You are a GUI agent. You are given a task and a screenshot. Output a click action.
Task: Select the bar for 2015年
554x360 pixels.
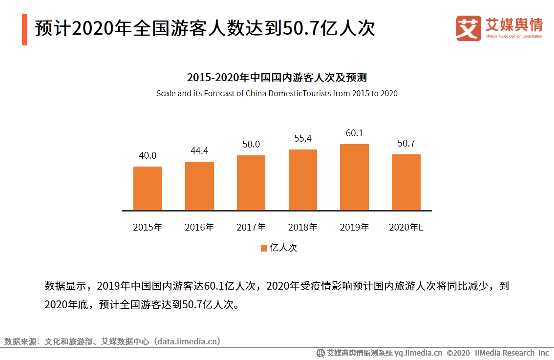pyautogui.click(x=148, y=188)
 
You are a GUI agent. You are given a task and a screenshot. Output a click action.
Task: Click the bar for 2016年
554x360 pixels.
pyautogui.click(x=199, y=186)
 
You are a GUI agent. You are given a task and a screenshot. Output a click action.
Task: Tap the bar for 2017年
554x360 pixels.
pyautogui.click(x=251, y=183)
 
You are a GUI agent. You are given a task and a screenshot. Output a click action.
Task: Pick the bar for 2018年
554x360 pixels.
pyautogui.click(x=303, y=180)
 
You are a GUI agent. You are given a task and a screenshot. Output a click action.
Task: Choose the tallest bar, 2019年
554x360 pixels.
pyautogui.click(x=354, y=177)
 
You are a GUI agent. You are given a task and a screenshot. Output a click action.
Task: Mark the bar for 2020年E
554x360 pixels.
pyautogui.click(x=406, y=182)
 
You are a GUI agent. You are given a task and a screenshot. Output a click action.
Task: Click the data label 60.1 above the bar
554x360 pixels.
pyautogui.click(x=355, y=133)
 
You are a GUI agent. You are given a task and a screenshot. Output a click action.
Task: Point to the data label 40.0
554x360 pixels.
pyautogui.click(x=148, y=156)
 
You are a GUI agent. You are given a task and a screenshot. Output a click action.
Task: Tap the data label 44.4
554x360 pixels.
pyautogui.click(x=199, y=151)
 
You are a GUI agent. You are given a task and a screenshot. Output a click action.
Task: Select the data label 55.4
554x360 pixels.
pyautogui.click(x=303, y=139)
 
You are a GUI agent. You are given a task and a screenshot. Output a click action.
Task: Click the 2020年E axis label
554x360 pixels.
pyautogui.click(x=406, y=227)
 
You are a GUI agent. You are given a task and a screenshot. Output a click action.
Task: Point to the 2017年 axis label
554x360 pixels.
pyautogui.click(x=251, y=227)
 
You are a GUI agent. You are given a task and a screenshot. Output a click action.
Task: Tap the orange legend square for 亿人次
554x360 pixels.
pyautogui.click(x=263, y=248)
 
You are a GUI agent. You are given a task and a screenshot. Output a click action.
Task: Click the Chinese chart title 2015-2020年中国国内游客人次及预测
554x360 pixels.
pyautogui.click(x=277, y=78)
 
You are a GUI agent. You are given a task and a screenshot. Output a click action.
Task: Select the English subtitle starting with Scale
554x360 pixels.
pyautogui.click(x=277, y=93)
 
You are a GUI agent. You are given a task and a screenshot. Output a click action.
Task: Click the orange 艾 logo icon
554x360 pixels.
pyautogui.click(x=469, y=28)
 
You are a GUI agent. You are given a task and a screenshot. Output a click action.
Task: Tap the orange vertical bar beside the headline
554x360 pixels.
pyautogui.click(x=24, y=29)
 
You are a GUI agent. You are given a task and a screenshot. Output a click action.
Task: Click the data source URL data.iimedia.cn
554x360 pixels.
pyautogui.click(x=187, y=341)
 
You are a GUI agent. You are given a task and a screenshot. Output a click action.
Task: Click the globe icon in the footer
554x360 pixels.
pyautogui.click(x=320, y=353)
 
